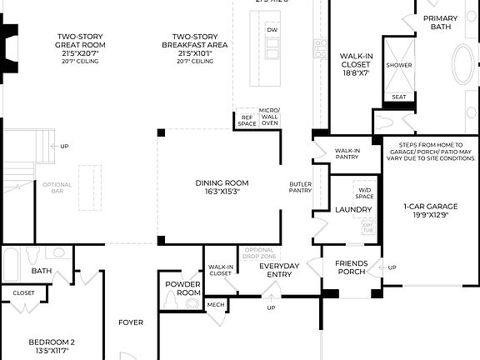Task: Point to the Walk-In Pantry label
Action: tap(347, 153)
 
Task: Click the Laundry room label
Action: tap(353, 209)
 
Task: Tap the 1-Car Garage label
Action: tap(426, 210)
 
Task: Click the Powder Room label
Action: tap(182, 288)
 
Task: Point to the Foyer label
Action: tap(130, 322)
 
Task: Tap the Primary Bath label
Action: tap(441, 22)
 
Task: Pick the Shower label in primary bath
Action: tap(398, 64)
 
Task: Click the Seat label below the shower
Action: tap(398, 97)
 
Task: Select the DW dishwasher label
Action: tap(272, 30)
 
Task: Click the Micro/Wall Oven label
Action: tap(270, 117)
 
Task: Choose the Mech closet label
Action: tap(216, 305)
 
